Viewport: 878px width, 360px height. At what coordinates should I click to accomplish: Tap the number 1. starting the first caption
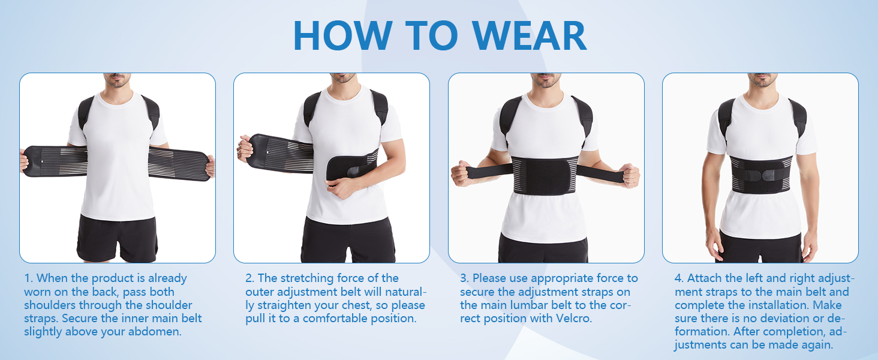pos(29,278)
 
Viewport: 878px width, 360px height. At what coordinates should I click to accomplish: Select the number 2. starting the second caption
pos(250,278)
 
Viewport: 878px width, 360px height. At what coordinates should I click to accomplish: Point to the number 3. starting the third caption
pos(465,278)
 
